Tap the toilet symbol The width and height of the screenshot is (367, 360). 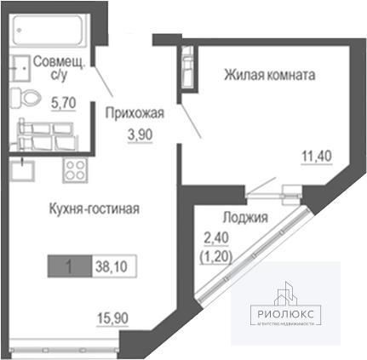pyautogui.click(x=26, y=98)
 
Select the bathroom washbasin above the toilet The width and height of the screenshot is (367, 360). pyautogui.click(x=20, y=68)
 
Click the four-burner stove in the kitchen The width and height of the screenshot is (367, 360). pyautogui.click(x=75, y=170)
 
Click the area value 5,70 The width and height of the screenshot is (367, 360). pyautogui.click(x=64, y=103)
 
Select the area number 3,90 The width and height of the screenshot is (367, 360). pyautogui.click(x=140, y=134)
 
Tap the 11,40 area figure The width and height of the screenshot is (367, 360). pyautogui.click(x=317, y=156)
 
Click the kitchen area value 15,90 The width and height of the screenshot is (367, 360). pyautogui.click(x=112, y=318)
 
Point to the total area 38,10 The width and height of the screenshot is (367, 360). pyautogui.click(x=112, y=266)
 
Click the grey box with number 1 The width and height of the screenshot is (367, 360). pyautogui.click(x=70, y=266)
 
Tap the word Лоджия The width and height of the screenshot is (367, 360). pyautogui.click(x=245, y=217)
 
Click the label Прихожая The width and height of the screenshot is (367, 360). pyautogui.click(x=135, y=113)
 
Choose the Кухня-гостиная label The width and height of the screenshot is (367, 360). pyautogui.click(x=95, y=209)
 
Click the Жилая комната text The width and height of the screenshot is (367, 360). pyautogui.click(x=270, y=75)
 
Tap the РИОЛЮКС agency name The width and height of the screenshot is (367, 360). pyautogui.click(x=286, y=314)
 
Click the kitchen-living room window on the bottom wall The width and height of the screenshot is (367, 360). pyautogui.click(x=64, y=350)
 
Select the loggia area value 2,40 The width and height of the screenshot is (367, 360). pyautogui.click(x=216, y=238)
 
